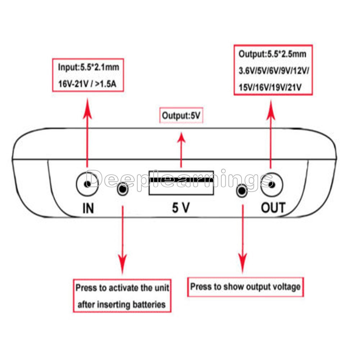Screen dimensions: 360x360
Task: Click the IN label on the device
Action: (88, 208)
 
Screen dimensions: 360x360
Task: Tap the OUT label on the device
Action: (273, 207)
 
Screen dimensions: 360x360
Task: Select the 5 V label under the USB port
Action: (181, 208)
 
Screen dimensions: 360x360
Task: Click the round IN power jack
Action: (87, 184)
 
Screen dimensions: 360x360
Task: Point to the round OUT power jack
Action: (272, 184)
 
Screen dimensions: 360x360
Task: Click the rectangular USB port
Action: (181, 183)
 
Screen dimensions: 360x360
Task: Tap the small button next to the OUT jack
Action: (242, 190)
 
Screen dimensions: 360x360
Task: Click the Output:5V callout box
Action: (181, 115)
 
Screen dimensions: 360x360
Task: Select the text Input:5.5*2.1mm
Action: (89, 67)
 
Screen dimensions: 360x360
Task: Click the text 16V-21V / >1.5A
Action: (87, 84)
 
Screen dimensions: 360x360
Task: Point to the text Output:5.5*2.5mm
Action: (272, 54)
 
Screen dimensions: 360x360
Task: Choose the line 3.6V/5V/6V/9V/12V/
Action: (274, 71)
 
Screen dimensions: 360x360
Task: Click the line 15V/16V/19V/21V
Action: (270, 87)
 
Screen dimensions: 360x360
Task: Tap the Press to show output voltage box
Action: (246, 287)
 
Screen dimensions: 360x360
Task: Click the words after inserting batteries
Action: (121, 305)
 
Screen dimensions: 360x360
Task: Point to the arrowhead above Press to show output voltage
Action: (243, 263)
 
